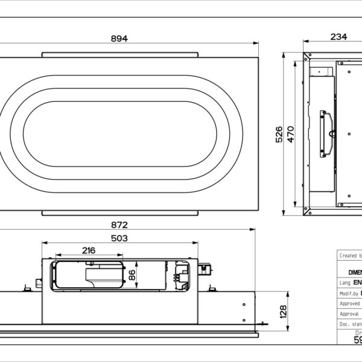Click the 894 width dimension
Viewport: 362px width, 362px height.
pyautogui.click(x=119, y=38)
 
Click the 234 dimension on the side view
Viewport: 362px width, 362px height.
pyautogui.click(x=338, y=37)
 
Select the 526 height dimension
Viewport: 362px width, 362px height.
pyautogui.click(x=278, y=133)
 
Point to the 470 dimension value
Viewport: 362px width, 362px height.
pyautogui.click(x=290, y=133)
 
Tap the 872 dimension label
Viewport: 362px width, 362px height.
pyautogui.click(x=119, y=224)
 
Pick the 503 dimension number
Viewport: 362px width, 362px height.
pyautogui.click(x=119, y=238)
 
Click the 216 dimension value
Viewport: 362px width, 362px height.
pyautogui.click(x=88, y=250)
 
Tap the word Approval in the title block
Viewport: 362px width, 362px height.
pyautogui.click(x=350, y=314)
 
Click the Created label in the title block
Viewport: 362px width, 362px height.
pyautogui.click(x=349, y=256)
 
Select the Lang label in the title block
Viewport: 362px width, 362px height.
pyautogui.click(x=345, y=282)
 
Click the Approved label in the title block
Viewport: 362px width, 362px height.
pyautogui.click(x=350, y=303)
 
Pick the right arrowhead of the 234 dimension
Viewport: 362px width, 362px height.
pyautogui.click(x=360, y=42)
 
